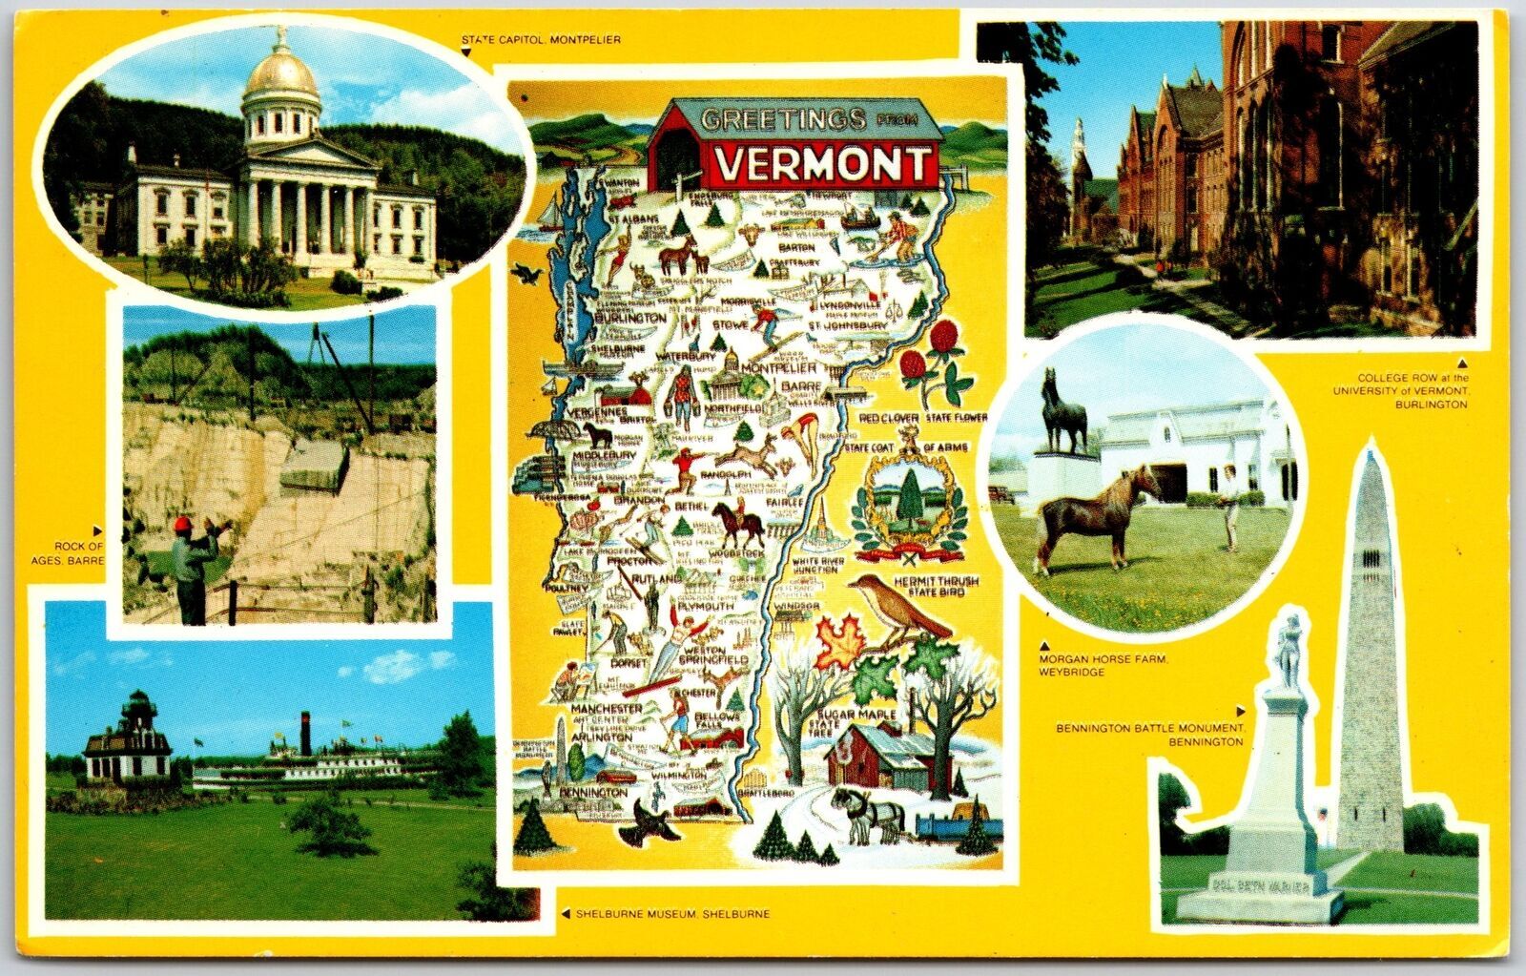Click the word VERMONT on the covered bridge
point(822,166)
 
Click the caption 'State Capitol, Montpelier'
point(541,40)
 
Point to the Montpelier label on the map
point(778,367)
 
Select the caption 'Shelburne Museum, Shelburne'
point(672,914)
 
